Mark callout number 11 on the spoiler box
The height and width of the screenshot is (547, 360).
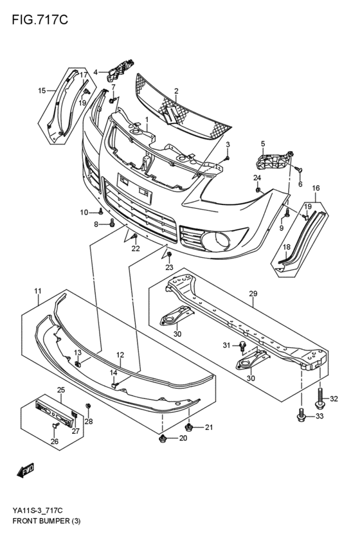[38, 291]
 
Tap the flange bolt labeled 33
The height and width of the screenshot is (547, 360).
[301, 418]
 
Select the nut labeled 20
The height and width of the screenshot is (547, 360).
[163, 439]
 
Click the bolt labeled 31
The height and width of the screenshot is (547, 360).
[242, 347]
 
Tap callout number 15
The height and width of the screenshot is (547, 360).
[42, 91]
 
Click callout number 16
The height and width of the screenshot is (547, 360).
[316, 188]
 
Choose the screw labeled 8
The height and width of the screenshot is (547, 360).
[112, 223]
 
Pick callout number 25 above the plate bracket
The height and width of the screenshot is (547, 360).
[61, 390]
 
